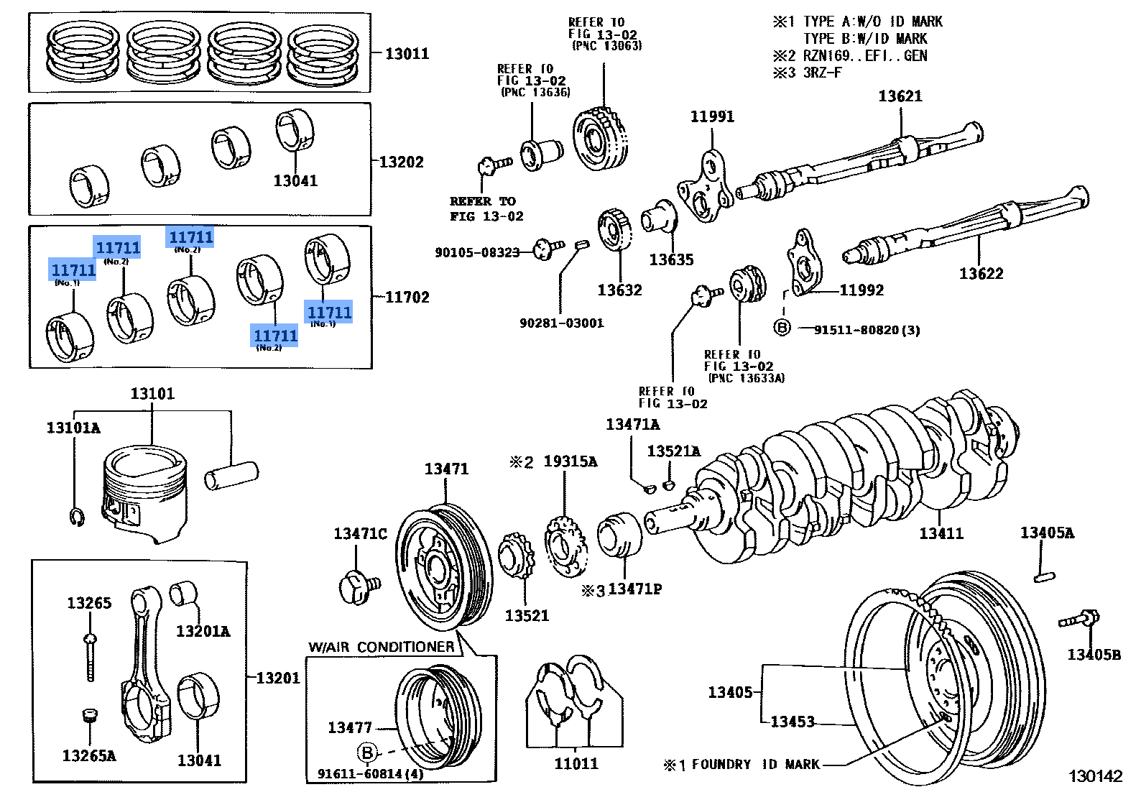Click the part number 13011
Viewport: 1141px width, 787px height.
407,53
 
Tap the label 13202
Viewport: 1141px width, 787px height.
401,162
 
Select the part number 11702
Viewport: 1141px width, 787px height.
407,297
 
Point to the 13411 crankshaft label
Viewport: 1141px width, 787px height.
941,533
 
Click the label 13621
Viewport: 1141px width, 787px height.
900,96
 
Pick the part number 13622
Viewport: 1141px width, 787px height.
981,273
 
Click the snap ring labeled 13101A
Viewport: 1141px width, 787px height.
78,516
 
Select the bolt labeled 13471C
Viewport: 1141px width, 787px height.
357,587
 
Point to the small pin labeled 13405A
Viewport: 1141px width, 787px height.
1044,576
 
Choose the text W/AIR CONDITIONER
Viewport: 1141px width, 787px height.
381,647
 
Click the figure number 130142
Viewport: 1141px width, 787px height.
1095,776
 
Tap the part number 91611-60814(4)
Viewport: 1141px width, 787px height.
370,774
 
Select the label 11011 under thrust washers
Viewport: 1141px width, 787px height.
576,763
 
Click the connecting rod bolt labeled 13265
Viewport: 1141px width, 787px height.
91,658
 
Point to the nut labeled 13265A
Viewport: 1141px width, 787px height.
90,716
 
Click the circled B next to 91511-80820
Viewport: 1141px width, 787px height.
782,328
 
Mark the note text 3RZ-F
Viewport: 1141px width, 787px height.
822,73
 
